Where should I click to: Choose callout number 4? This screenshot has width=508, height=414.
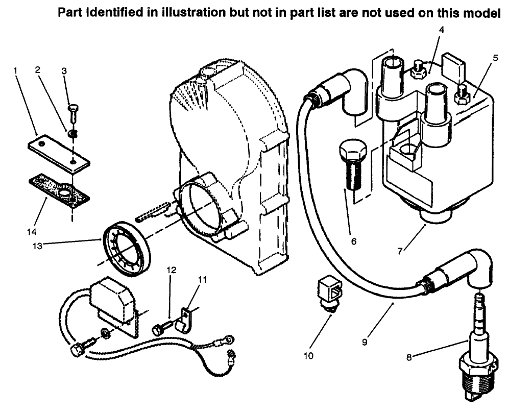click(x=441, y=30)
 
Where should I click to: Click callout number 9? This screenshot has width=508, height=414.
click(x=365, y=343)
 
